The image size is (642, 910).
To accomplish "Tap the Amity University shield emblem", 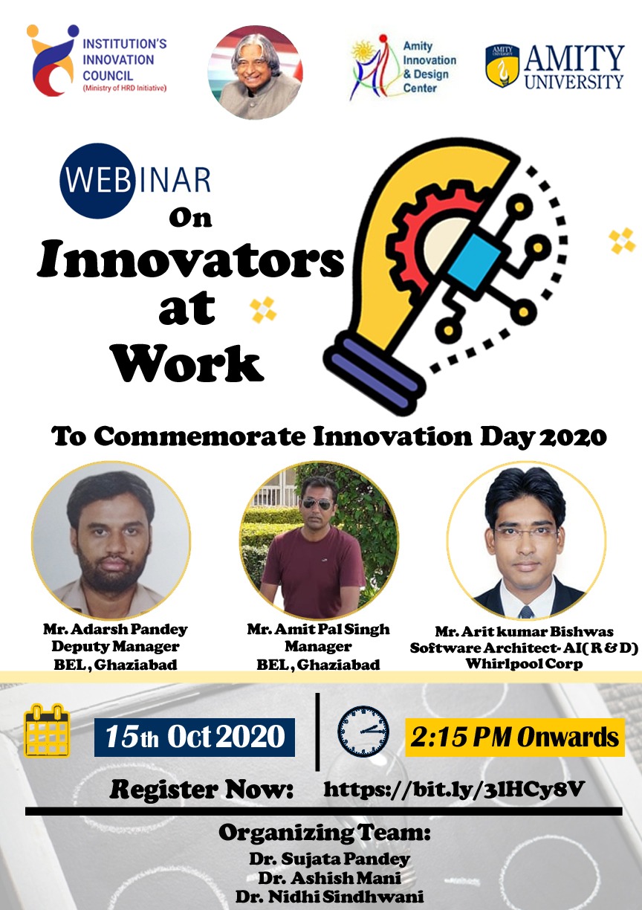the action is click(x=502, y=66).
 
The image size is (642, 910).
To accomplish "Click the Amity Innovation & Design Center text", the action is click(x=429, y=67).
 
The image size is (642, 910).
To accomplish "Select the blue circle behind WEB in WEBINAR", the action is click(x=97, y=181).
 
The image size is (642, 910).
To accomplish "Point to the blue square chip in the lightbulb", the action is click(x=474, y=263).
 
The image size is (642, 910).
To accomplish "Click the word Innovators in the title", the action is click(x=191, y=259).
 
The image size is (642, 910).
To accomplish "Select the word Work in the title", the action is click(x=187, y=363).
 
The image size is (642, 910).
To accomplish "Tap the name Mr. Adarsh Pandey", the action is click(x=115, y=630).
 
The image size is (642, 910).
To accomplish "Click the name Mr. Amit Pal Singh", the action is click(x=318, y=629).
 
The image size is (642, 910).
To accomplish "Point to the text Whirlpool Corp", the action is click(x=524, y=664).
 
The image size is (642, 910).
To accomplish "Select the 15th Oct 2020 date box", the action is click(x=195, y=737).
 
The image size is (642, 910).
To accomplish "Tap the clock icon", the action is click(x=363, y=731).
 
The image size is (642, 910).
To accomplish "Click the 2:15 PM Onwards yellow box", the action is click(x=515, y=737).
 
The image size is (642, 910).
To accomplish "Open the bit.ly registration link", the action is click(x=454, y=790).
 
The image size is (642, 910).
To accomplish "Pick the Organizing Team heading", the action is click(x=324, y=832).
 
